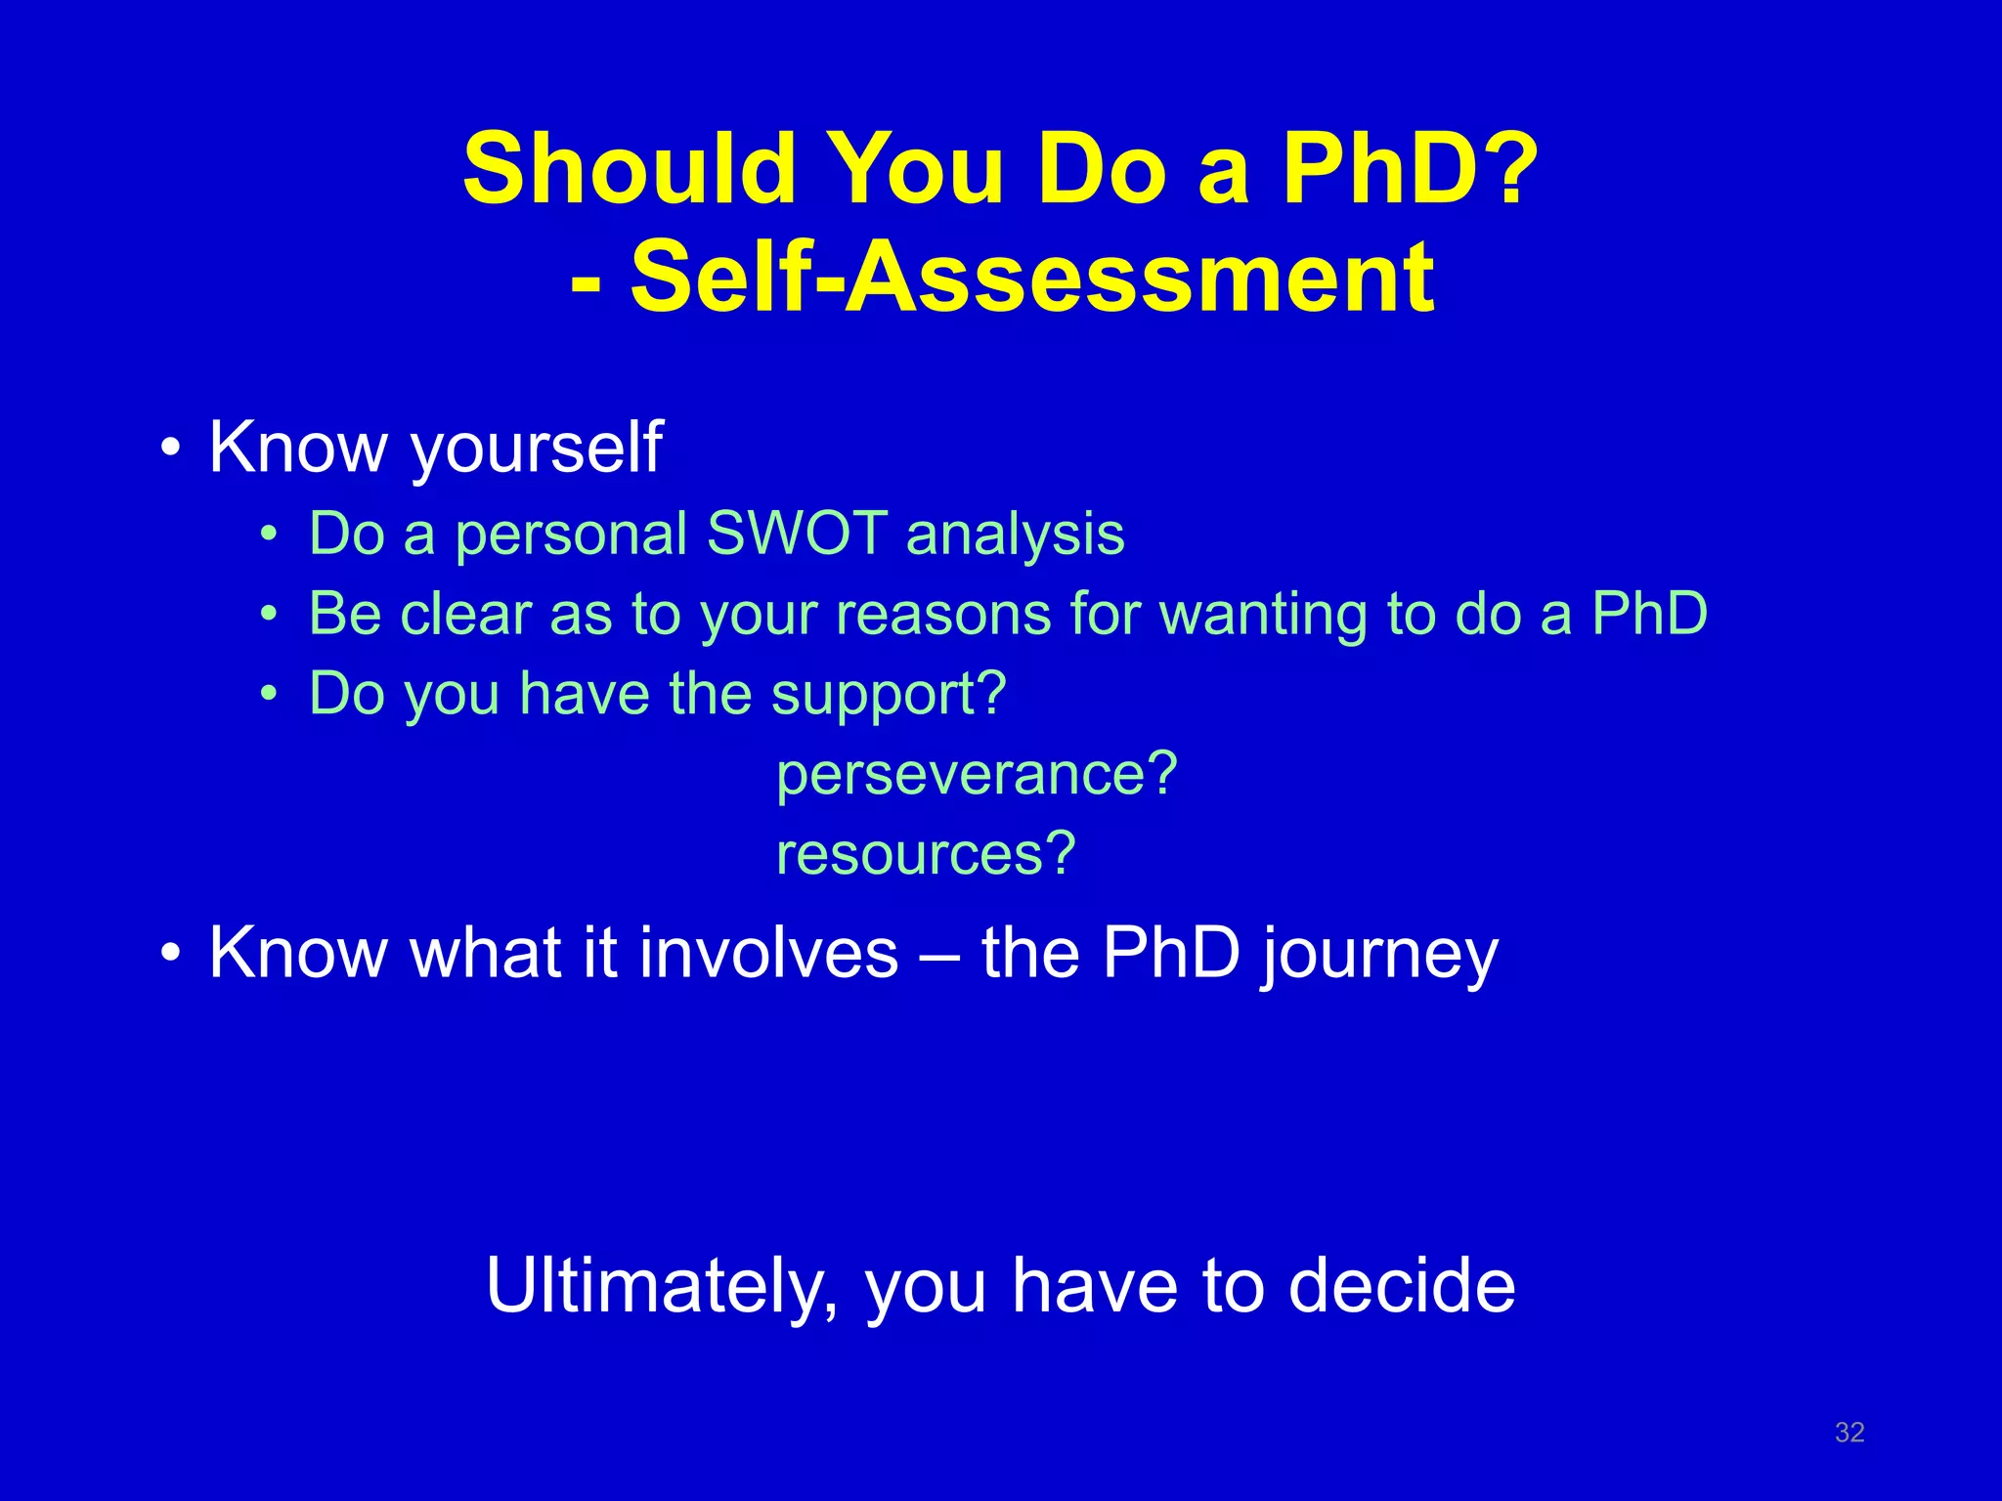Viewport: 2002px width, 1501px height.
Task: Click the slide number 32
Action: [x=1850, y=1432]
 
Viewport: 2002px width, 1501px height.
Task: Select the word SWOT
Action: [x=797, y=534]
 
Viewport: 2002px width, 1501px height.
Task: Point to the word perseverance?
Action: [x=977, y=774]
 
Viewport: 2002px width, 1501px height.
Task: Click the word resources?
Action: [x=925, y=853]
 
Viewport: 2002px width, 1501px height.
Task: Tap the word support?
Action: [x=888, y=694]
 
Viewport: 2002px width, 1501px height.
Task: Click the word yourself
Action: [x=536, y=448]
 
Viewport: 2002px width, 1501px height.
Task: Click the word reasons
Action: [x=943, y=615]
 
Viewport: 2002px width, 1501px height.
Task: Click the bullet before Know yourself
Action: [x=171, y=450]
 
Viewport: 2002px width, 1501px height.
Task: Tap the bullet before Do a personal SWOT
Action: [x=269, y=535]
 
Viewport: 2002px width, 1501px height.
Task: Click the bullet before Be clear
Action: [x=269, y=615]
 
